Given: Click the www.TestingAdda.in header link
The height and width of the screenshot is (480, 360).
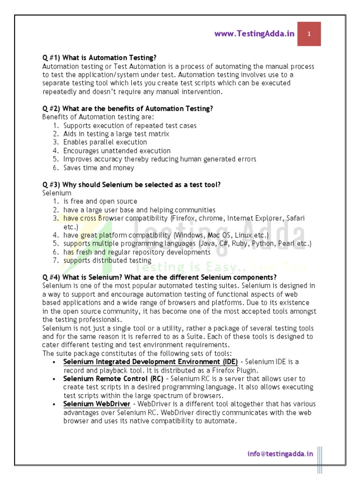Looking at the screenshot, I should coord(255,34).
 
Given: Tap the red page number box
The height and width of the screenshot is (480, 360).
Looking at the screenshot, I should coord(309,34).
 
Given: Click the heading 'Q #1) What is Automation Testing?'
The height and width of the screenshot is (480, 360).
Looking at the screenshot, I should coord(99,58).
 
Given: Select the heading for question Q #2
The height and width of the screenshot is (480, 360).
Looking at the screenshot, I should coord(127,108).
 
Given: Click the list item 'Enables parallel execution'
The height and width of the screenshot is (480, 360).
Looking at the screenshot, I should coord(105,142).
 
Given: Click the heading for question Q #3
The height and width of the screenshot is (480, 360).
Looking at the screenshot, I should coord(131,185).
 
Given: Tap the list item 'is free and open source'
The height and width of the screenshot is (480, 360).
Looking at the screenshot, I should coord(100,202).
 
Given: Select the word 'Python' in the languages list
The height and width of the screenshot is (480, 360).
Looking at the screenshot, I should coord(262,244).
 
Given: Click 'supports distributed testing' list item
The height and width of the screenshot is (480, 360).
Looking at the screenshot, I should coord(107,261).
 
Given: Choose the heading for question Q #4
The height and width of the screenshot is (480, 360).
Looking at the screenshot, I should coord(159,277).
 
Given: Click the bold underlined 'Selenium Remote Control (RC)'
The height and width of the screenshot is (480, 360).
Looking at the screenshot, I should coord(113,378).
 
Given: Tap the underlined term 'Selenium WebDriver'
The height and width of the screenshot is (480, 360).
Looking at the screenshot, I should coord(97,404).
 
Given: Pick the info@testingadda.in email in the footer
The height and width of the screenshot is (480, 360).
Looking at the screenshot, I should coord(280,453).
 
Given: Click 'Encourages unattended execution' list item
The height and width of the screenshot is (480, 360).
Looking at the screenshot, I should coord(117,150).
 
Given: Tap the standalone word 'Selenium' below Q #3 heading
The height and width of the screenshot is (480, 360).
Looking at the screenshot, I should coord(57,193).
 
